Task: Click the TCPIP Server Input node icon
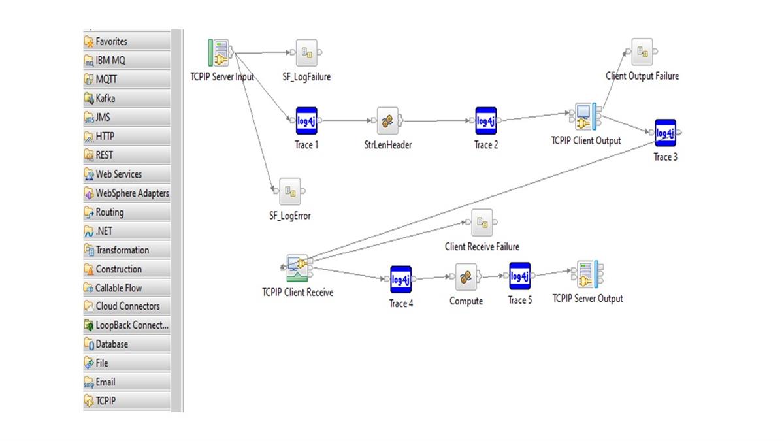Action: [x=220, y=53]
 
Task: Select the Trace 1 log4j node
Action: [x=306, y=121]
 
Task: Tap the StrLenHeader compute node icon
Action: [x=387, y=121]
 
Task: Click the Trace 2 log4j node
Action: [x=485, y=121]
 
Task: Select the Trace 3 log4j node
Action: [x=665, y=133]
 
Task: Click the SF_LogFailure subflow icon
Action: [x=306, y=53]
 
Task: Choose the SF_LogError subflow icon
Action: [x=289, y=191]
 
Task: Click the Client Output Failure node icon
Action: [x=642, y=52]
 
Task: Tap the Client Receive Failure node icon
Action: [x=482, y=223]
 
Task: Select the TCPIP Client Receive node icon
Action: [x=298, y=267]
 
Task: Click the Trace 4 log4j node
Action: [x=400, y=280]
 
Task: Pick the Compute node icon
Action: [x=466, y=277]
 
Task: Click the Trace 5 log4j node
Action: [x=519, y=276]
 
